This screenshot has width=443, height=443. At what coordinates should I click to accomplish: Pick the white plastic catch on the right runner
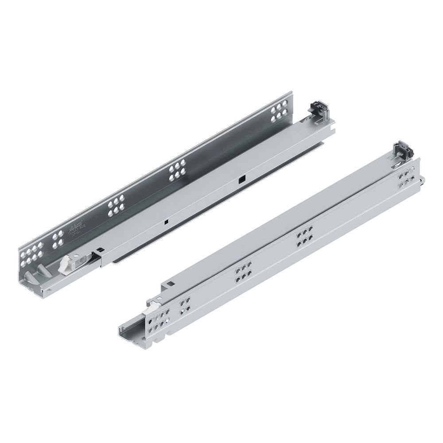pos(154,304)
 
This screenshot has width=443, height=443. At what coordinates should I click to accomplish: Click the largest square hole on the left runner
pos(241,179)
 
